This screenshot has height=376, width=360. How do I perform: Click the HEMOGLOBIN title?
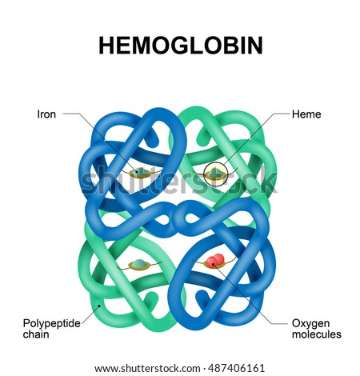[x=181, y=46]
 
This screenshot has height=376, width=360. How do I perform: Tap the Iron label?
[x=46, y=114]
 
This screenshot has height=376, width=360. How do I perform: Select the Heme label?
[x=306, y=114]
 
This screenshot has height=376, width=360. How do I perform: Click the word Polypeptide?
[x=51, y=323]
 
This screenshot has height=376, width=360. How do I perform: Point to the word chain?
[x=36, y=334]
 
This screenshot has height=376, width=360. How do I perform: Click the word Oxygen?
[x=310, y=323]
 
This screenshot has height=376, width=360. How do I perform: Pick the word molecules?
[x=317, y=334]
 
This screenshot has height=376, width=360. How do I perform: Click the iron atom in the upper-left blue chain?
[x=139, y=171]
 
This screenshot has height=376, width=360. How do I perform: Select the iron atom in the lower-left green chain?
[x=139, y=263]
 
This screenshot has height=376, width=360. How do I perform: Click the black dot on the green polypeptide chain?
[x=99, y=306]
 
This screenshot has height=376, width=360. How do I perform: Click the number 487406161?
[x=237, y=369]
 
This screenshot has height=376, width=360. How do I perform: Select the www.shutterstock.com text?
[x=147, y=369]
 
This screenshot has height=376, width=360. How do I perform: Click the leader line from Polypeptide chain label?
[x=90, y=314]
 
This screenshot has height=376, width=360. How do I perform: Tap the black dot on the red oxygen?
[x=213, y=264]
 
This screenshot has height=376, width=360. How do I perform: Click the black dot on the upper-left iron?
[x=138, y=172]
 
